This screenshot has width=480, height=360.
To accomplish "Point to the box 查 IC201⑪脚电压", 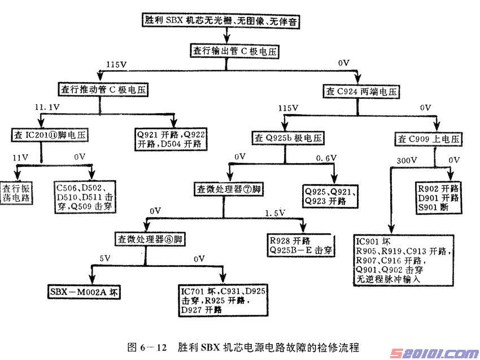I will coord(49,136).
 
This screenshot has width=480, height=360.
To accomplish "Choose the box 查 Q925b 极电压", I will coord(289,137).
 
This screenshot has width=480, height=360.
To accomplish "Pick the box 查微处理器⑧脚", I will coord(150,240).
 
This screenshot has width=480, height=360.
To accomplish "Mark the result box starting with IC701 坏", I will coord(222,300).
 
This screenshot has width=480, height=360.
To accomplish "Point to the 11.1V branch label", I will coord(47,107).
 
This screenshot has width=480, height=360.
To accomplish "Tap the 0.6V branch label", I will coord(326,158).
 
